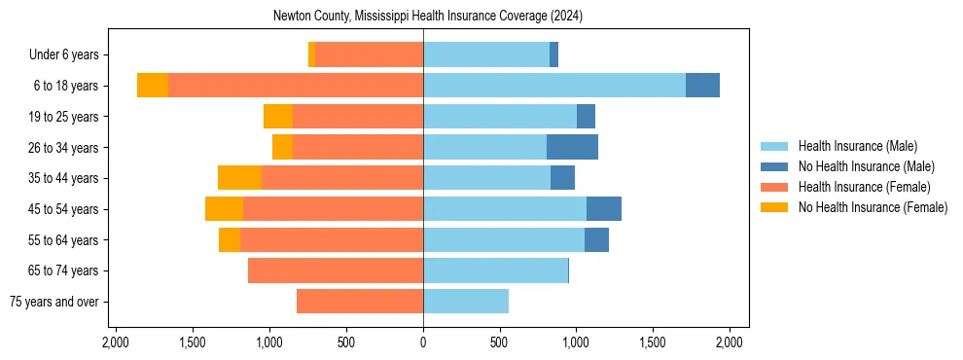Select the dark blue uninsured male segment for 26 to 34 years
click(572, 147)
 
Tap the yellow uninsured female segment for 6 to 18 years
click(153, 86)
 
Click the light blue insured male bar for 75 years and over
click(466, 302)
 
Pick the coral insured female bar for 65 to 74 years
click(336, 270)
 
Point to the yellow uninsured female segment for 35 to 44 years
click(239, 178)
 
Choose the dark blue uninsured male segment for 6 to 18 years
click(702, 86)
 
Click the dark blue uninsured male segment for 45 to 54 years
click(603, 209)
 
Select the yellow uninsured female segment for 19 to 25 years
click(278, 117)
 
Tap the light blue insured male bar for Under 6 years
click(486, 54)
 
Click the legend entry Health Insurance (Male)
click(857, 146)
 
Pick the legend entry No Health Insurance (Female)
click(873, 207)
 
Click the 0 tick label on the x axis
click(423, 342)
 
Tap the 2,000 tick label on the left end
click(116, 342)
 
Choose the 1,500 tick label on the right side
click(653, 342)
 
